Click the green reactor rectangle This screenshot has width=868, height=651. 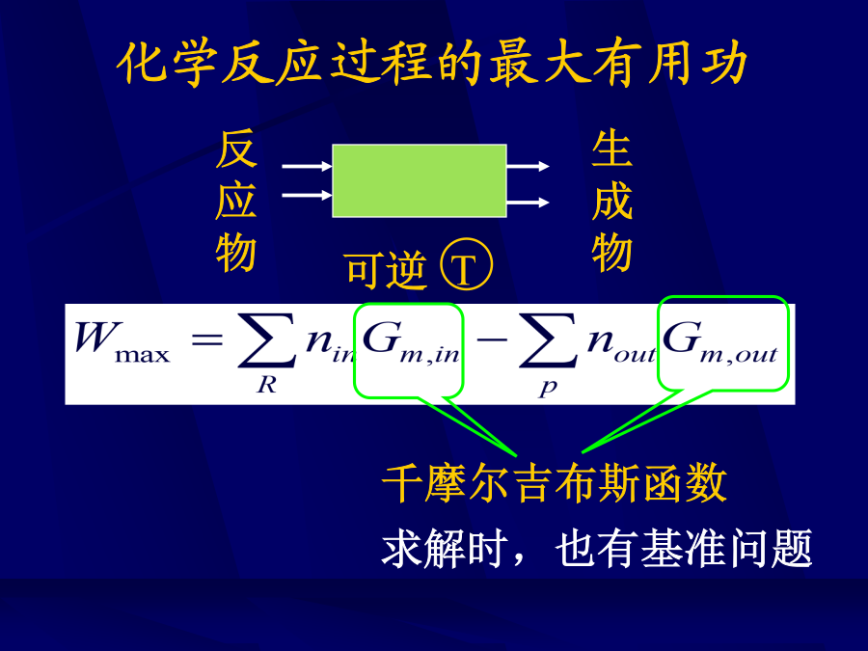pyautogui.click(x=420, y=180)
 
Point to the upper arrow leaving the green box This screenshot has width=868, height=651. pyautogui.click(x=529, y=166)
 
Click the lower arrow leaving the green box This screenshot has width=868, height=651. pyautogui.click(x=529, y=203)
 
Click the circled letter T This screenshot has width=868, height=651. pyautogui.click(x=466, y=264)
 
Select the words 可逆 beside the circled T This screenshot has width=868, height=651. pyautogui.click(x=387, y=270)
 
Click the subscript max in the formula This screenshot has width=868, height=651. pyautogui.click(x=143, y=355)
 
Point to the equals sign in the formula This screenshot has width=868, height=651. pyautogui.click(x=206, y=339)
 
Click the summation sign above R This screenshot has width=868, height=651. pyautogui.click(x=266, y=340)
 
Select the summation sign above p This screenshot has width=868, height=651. pyautogui.click(x=548, y=340)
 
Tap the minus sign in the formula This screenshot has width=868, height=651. pyautogui.click(x=492, y=339)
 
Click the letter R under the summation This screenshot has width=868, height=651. pyautogui.click(x=266, y=384)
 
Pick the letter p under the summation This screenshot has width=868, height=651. pyautogui.click(x=548, y=387)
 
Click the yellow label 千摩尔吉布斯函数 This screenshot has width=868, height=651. pyautogui.click(x=555, y=483)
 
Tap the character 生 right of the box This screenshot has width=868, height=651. pyautogui.click(x=611, y=149)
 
